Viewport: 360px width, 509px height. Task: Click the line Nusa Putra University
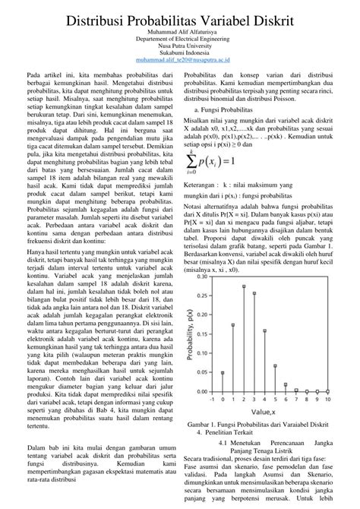click(179, 46)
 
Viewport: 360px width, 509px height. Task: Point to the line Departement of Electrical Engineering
click(179, 39)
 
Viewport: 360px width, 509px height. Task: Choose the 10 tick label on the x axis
click(328, 399)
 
